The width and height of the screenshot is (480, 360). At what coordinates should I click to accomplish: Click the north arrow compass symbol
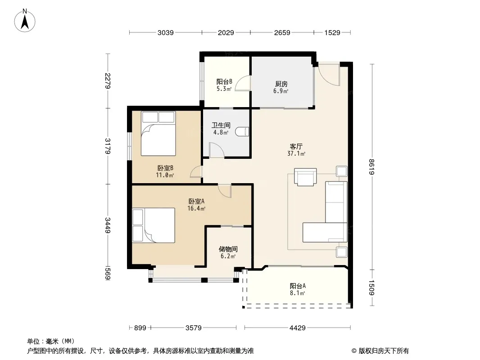point(25,21)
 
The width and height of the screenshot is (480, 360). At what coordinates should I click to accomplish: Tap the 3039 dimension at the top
point(166,33)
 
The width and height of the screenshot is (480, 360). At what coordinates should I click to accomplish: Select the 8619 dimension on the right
point(372,166)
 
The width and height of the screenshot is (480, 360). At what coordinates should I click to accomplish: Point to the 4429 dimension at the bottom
point(298,328)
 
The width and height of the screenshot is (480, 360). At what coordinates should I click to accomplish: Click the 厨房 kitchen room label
point(281,84)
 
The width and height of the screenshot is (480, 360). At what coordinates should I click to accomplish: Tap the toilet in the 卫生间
point(242,132)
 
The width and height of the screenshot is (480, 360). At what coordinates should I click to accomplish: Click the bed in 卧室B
point(158,134)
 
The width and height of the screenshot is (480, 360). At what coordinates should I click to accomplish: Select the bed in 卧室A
point(154,225)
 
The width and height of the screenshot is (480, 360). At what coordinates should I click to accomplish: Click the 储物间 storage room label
point(228,249)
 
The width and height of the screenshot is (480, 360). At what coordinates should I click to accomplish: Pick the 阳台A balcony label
point(298,286)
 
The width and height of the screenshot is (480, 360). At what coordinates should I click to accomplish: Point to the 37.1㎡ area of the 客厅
point(296,153)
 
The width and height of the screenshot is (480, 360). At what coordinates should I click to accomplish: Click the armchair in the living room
point(305,177)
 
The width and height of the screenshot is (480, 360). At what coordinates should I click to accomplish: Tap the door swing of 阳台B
point(243,83)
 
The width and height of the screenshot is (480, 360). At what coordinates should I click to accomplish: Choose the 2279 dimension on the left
point(108,81)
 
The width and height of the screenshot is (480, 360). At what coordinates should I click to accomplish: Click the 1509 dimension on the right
point(372,288)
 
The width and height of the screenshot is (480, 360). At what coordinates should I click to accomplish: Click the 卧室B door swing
point(196,171)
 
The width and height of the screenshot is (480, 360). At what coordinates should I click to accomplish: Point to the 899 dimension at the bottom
point(140,328)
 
